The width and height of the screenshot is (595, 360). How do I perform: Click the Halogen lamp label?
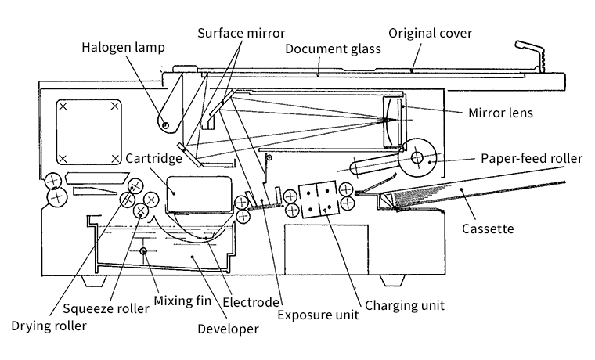pos(123,48)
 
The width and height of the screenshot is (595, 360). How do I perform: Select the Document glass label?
pos(333,49)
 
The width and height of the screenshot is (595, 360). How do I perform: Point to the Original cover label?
pos(431,33)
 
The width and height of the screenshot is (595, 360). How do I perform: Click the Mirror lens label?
pos(500,113)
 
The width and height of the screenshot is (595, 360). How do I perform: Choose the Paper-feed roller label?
pos(532,159)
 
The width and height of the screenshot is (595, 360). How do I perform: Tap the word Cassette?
pos(487,229)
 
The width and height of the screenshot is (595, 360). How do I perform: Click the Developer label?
pos(227,329)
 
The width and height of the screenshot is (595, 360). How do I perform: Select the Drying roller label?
pos(49,325)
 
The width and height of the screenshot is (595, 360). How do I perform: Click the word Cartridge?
pos(154,158)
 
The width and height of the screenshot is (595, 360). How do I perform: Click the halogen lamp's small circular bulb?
pos(165,122)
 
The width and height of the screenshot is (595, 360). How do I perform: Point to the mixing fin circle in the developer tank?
pos(143,250)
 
